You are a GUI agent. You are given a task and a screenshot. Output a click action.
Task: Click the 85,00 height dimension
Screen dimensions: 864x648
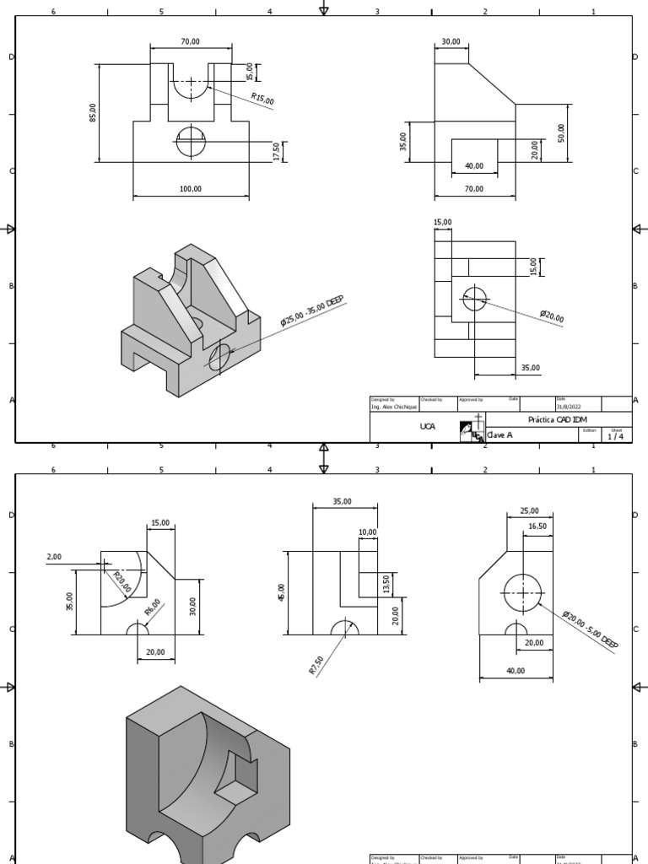[93, 112]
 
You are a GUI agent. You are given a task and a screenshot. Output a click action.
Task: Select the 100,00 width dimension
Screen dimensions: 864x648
[191, 189]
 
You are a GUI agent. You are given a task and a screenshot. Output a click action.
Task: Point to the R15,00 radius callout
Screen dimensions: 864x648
[262, 100]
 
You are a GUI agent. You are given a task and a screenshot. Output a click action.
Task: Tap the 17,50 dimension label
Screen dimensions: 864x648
[277, 151]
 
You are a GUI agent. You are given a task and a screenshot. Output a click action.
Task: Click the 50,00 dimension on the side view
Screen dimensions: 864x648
[561, 132]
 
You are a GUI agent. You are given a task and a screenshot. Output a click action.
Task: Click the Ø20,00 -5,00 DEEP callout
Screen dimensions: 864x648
[591, 630]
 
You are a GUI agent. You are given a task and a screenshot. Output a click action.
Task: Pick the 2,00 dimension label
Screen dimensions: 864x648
[54, 557]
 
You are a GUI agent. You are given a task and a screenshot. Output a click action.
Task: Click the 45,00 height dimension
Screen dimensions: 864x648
[282, 593]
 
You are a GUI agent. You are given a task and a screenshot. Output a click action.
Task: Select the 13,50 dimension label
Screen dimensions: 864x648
[386, 585]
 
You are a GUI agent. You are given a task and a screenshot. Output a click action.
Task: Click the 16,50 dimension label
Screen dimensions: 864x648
[537, 526]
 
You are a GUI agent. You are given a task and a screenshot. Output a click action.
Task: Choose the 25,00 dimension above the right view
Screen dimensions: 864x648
[529, 511]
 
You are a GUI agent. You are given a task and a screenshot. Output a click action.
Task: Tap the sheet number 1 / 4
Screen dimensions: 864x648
[616, 436]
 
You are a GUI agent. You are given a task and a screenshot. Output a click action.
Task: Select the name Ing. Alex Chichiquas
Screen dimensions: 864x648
[394, 406]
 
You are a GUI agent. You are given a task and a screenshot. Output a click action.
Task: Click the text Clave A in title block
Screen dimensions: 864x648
[499, 435]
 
